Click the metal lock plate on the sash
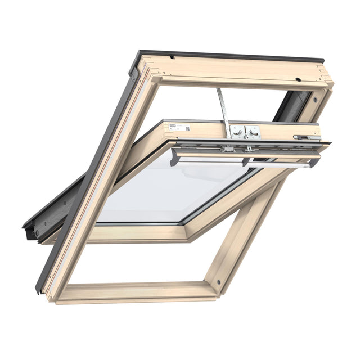pos(245,132)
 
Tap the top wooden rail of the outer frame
pos(236,70)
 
